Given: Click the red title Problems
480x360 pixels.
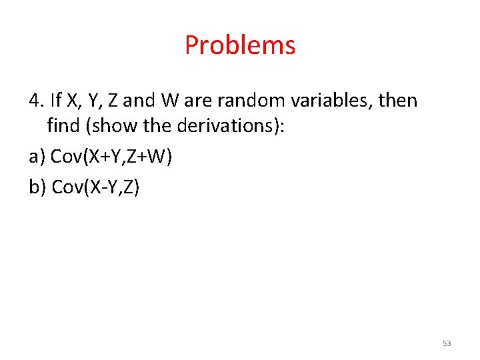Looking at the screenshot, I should [x=240, y=45].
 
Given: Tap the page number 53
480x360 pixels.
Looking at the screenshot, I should [x=447, y=343].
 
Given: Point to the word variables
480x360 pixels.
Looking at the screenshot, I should [x=338, y=101].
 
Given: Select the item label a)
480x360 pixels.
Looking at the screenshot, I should [x=37, y=157].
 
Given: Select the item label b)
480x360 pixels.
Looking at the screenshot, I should [x=37, y=187].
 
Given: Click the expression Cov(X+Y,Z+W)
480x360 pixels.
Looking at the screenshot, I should [x=111, y=157].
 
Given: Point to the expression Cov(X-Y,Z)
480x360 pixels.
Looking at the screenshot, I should [x=95, y=187].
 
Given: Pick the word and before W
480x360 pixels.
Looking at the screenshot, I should [x=139, y=101].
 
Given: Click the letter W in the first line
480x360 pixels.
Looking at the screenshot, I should [x=170, y=101].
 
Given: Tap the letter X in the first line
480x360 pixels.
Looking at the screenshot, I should [x=73, y=101].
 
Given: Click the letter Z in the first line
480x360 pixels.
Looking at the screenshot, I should [x=113, y=101].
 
